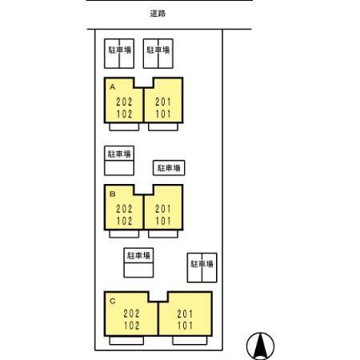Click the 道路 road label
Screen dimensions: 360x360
coord(158,14)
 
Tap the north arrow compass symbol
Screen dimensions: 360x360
coord(260,346)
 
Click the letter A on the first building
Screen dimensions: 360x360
coord(113,87)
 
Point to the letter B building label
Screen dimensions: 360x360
coord(113,194)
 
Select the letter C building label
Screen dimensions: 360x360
coord(113,301)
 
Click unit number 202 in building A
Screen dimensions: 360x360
coord(124,102)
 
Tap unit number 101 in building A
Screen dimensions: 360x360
coord(163,114)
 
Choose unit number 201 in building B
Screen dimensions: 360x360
coord(163,209)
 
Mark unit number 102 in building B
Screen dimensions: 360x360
coord(124,221)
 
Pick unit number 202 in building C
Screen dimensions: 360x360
coord(131,314)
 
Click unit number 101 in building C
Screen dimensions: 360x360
coord(185,326)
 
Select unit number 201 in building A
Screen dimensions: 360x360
coord(163,102)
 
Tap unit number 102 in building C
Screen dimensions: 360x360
coord(131,326)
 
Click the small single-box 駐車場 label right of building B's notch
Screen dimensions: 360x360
coord(169,168)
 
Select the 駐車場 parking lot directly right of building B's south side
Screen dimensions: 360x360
coord(202,267)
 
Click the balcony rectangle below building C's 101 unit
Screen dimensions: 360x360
coord(190,341)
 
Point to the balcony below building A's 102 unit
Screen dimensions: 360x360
coord(124,127)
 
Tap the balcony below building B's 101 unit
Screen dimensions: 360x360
coord(163,234)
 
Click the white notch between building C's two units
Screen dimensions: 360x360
coord(158,296)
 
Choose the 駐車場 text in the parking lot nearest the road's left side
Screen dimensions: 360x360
coord(119,50)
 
